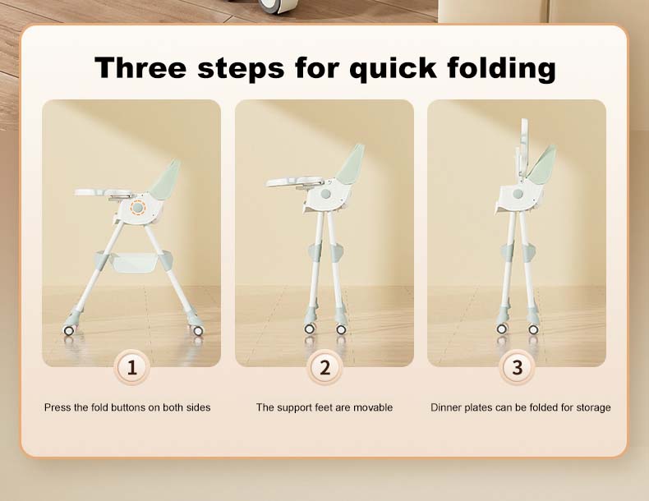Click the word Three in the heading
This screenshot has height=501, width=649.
click(x=140, y=67)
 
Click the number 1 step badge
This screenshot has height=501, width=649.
click(x=131, y=367)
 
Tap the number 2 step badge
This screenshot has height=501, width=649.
click(x=324, y=367)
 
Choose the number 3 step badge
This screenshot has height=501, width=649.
click(x=517, y=367)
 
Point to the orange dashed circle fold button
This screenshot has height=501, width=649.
click(x=137, y=207)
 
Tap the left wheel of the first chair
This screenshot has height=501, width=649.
click(x=69, y=330)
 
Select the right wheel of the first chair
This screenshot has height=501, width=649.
click(x=198, y=330)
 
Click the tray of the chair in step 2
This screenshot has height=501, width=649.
click(x=295, y=182)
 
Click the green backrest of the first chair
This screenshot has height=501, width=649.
click(x=166, y=179)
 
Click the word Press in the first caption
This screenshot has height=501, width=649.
click(x=58, y=407)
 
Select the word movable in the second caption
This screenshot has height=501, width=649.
click(x=373, y=407)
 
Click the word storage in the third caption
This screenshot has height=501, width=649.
click(x=593, y=408)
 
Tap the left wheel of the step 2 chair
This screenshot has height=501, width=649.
click(x=309, y=329)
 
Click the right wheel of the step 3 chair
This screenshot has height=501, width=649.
click(x=533, y=329)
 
